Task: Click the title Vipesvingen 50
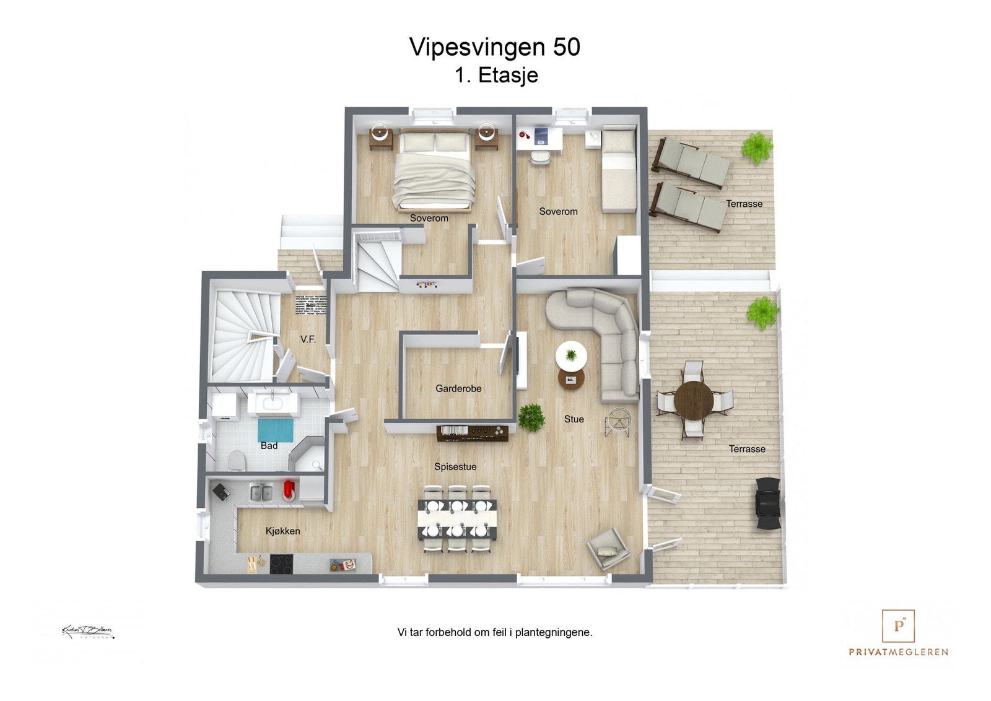(x=494, y=47)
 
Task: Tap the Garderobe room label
(x=458, y=389)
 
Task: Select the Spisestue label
(x=455, y=467)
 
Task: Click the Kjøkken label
(x=282, y=531)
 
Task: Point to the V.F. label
(x=308, y=339)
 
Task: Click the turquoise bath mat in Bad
(x=275, y=430)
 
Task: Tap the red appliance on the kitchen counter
(x=289, y=490)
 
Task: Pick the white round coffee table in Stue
(x=571, y=357)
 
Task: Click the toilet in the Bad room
(x=236, y=461)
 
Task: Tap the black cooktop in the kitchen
(x=281, y=564)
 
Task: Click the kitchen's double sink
(x=261, y=493)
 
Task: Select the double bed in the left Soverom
(x=434, y=172)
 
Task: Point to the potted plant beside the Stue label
(x=531, y=417)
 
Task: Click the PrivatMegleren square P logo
(x=898, y=625)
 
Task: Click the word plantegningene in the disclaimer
(x=553, y=633)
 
